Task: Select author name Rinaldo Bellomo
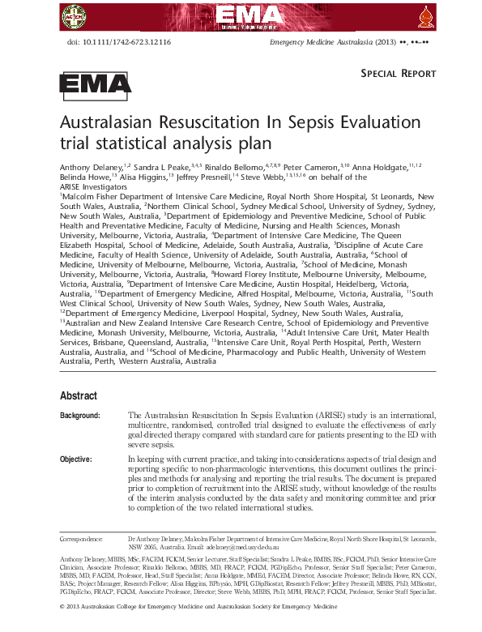point(228,165)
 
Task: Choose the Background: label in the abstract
point(80,415)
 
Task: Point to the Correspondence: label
point(82,538)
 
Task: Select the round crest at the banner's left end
point(75,14)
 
